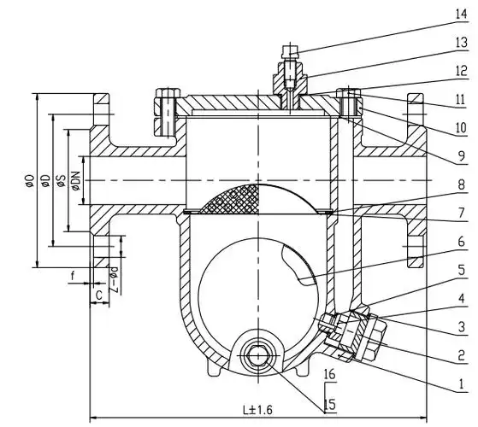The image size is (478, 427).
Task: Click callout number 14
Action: click(461, 15)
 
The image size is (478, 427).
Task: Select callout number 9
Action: click(461, 156)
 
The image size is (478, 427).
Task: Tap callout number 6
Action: click(462, 242)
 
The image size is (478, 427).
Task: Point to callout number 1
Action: click(462, 384)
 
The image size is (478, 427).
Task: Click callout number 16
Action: click(329, 373)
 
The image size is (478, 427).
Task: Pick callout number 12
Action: click(461, 71)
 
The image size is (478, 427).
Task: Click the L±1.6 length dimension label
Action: click(257, 410)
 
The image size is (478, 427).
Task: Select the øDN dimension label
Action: click(75, 181)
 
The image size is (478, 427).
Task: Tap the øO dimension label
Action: click(30, 180)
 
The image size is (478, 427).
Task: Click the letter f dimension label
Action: click(73, 276)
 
